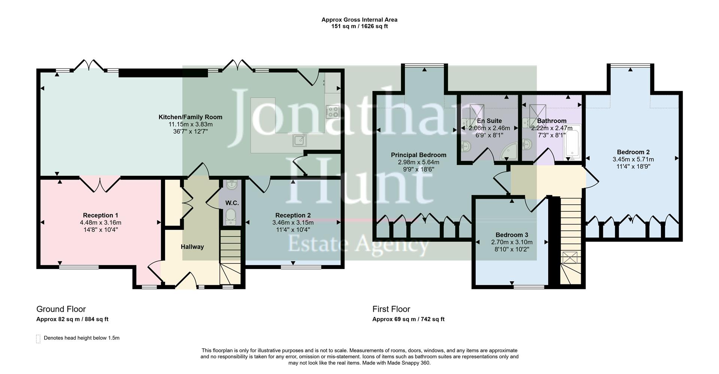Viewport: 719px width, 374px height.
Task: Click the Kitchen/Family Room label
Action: [190, 117]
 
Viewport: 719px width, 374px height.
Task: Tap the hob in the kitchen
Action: [332, 112]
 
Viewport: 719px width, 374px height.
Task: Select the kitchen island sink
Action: [300, 140]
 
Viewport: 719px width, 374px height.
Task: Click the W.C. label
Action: [232, 203]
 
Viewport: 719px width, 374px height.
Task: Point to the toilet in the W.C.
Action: [230, 217]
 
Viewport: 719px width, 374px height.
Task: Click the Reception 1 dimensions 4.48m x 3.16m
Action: [100, 222]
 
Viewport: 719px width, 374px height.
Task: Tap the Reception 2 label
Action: [293, 215]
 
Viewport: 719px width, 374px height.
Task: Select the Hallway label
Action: [192, 247]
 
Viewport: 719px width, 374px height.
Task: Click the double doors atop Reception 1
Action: [100, 184]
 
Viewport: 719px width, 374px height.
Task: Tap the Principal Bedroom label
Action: [418, 155]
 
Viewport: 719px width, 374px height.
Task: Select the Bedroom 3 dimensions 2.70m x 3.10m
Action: [512, 242]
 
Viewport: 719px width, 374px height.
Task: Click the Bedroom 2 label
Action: [633, 152]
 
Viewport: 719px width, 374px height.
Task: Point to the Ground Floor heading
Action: [61, 309]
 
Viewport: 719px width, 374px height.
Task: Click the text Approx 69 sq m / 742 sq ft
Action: [408, 319]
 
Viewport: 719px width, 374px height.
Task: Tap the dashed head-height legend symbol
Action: [38, 338]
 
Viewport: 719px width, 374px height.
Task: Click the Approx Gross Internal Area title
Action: [359, 19]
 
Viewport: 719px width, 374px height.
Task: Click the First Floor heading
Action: [391, 309]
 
